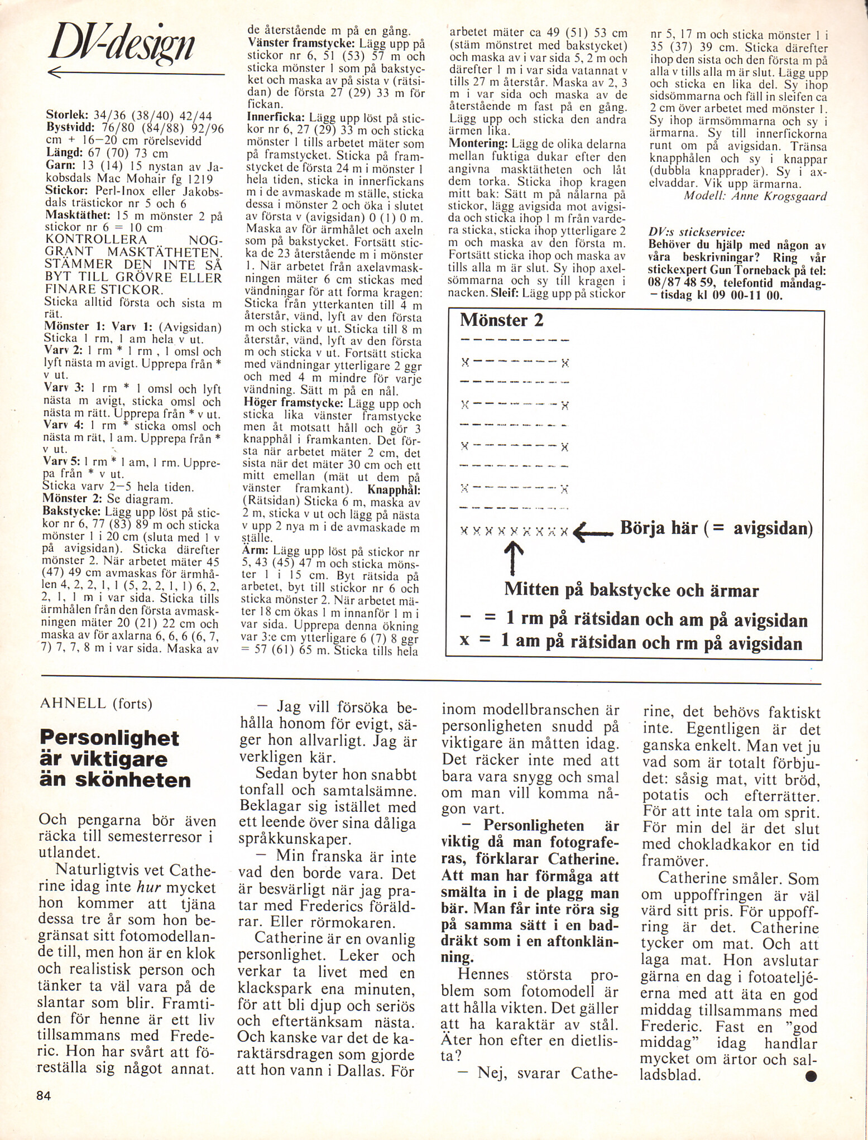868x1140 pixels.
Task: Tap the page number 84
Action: pyautogui.click(x=44, y=1095)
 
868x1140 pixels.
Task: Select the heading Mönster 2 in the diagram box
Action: pyautogui.click(x=501, y=321)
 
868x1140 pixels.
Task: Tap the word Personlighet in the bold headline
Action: pyautogui.click(x=109, y=738)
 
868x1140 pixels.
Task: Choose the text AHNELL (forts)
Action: pyautogui.click(x=96, y=703)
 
